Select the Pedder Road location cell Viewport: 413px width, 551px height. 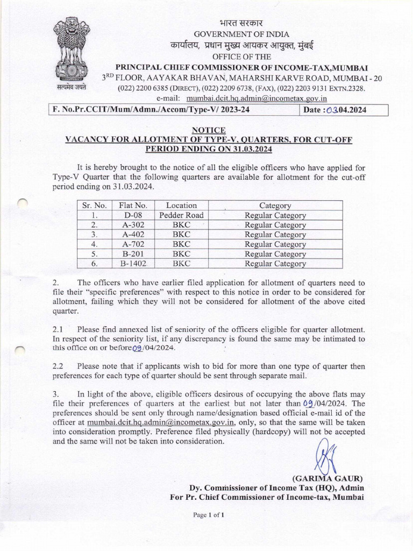tap(181, 215)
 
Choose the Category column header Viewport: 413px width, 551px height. tap(275, 206)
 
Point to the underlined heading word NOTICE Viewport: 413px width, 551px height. tap(208, 130)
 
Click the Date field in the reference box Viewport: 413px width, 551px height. tap(343, 110)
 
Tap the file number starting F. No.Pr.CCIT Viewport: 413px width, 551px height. tap(151, 110)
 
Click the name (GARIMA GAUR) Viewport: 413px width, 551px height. tap(327, 478)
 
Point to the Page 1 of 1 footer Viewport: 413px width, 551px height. tap(208, 515)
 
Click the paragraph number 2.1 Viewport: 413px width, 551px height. tap(58, 329)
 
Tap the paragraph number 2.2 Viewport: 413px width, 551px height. tap(58, 366)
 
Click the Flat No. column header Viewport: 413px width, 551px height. tap(133, 206)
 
